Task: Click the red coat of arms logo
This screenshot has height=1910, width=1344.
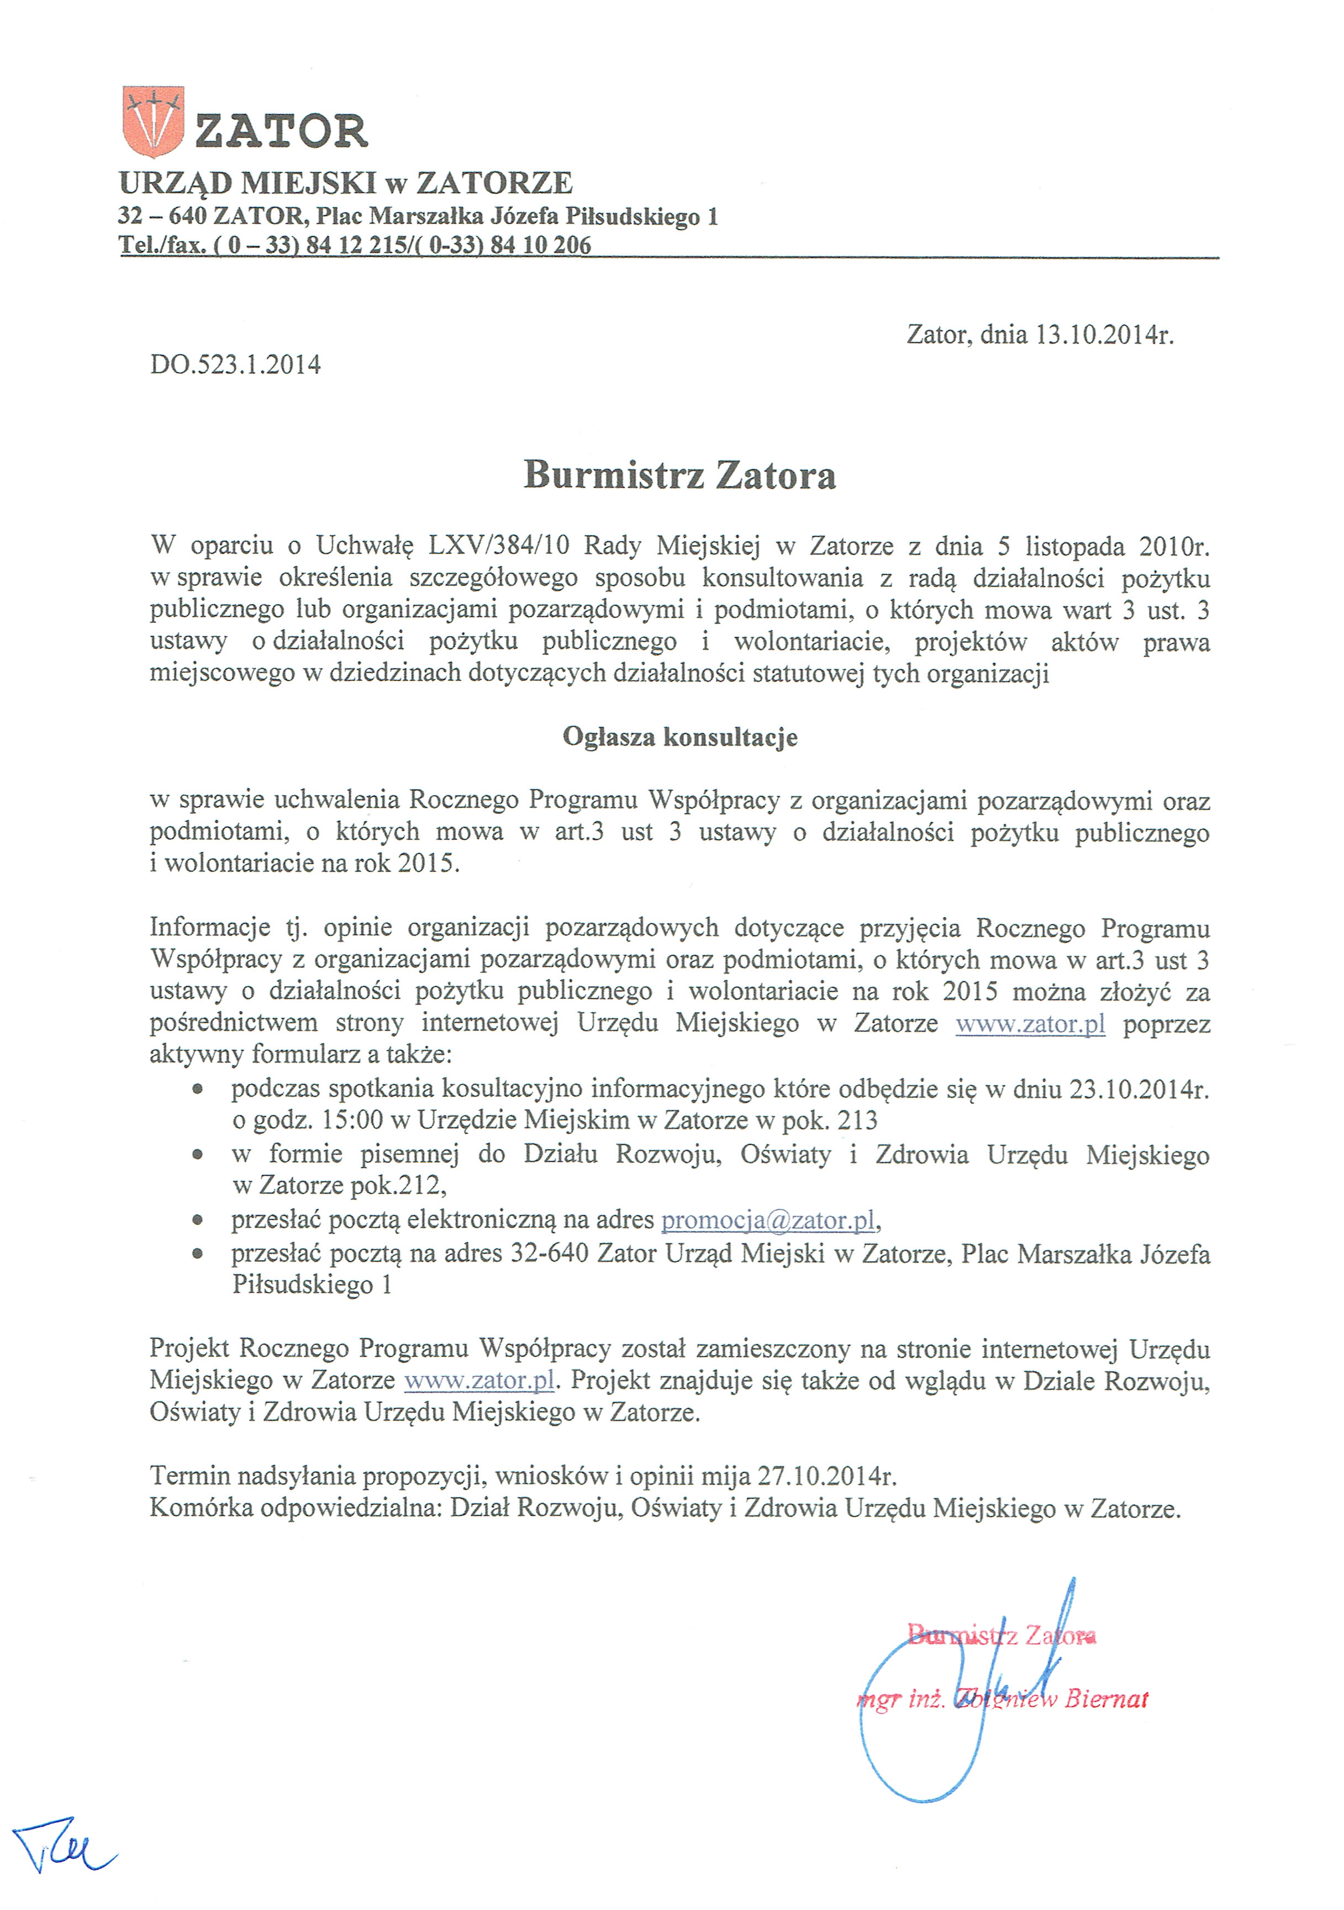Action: [x=152, y=121]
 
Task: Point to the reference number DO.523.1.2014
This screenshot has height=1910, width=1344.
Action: [x=235, y=364]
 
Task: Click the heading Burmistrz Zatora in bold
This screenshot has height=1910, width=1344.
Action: [x=679, y=475]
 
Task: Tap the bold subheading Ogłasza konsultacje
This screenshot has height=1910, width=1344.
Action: [x=680, y=737]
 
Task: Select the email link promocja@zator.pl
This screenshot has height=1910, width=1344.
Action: [x=768, y=1220]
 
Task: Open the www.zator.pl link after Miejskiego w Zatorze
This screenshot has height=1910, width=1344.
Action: [x=479, y=1380]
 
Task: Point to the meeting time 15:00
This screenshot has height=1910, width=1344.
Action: [x=352, y=1120]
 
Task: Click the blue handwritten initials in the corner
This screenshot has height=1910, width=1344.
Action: [x=62, y=1852]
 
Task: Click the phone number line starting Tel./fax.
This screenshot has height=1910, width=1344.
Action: [x=355, y=245]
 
